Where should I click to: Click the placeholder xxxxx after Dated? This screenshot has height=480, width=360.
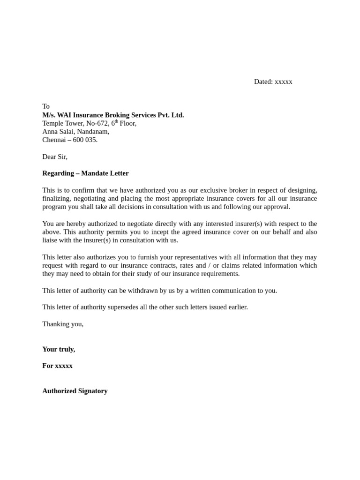283,82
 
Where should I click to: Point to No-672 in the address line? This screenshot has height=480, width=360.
96,123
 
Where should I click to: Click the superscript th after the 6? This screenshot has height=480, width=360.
117,121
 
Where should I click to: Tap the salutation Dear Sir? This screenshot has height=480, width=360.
55,157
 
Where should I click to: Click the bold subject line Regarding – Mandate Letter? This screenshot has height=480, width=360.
85,173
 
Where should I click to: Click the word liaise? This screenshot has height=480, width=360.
51,240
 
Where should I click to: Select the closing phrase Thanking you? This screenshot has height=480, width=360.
63,324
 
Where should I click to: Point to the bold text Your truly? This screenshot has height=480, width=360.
59,349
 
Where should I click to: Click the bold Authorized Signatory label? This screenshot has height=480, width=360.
75,391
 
